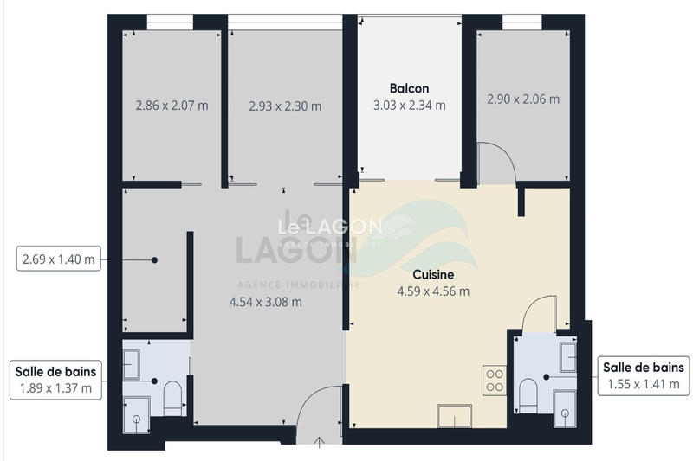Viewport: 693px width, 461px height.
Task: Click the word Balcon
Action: tap(409, 88)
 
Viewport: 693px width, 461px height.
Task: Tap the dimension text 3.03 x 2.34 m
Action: tap(409, 106)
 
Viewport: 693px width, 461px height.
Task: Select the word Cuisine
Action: tap(433, 274)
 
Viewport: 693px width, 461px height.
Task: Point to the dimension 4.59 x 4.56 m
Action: tap(433, 291)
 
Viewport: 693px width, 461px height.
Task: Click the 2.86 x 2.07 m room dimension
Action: tap(172, 106)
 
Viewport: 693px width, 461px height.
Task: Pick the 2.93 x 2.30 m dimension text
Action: tap(284, 106)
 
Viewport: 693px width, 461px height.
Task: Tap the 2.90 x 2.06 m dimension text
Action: tap(522, 99)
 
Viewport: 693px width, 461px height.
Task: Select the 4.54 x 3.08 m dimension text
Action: tap(265, 302)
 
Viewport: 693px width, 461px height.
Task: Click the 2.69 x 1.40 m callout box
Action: tap(59, 259)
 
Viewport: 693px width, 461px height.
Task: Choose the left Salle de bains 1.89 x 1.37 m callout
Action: tap(55, 379)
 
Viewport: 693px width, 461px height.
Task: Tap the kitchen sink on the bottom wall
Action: tap(455, 416)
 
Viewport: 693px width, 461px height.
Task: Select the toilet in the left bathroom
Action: tap(172, 398)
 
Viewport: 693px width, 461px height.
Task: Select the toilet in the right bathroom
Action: tap(528, 396)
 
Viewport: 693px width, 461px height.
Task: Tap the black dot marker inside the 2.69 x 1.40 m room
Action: tap(155, 259)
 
